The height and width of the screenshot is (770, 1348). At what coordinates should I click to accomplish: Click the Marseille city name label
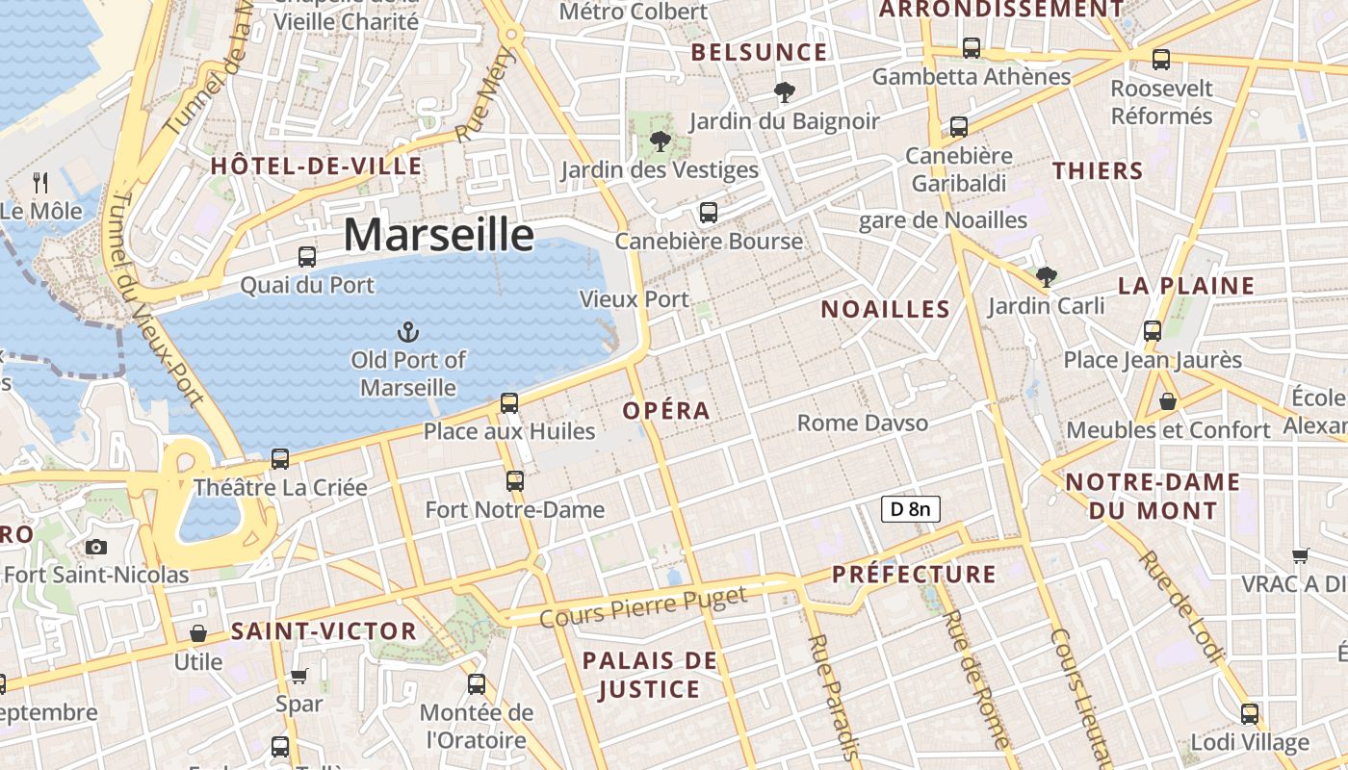pos(438,235)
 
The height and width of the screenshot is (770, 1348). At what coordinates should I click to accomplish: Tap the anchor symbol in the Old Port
pos(408,333)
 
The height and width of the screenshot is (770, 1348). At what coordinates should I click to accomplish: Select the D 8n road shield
pos(910,509)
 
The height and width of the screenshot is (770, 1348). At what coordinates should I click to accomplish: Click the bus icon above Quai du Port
pos(307,257)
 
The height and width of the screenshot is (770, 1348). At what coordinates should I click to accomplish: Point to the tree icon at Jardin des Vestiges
pos(660,142)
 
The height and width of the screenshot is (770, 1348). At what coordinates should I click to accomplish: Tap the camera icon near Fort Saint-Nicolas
pos(96,548)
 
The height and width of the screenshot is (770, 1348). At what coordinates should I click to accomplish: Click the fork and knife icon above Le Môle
pos(40,182)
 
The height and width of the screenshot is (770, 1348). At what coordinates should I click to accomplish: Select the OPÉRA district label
pos(666,411)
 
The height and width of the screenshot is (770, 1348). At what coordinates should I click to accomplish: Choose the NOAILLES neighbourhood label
pos(885,309)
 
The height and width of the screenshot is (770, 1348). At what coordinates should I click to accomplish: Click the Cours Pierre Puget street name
pos(643,607)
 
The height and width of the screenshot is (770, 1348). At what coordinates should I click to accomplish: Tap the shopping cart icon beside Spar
pos(299,676)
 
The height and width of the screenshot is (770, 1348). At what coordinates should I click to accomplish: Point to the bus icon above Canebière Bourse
pos(709,213)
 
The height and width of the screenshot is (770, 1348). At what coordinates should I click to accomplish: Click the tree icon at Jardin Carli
pos(1047,278)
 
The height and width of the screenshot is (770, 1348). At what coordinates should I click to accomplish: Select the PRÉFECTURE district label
pos(914,575)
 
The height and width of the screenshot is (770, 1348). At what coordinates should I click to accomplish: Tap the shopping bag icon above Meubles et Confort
pos(1168,401)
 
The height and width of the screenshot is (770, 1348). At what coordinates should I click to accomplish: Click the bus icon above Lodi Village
pos(1250,714)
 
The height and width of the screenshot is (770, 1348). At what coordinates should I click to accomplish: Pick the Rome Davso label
pos(863,423)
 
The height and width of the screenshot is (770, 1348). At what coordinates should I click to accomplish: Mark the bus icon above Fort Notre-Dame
pos(515,481)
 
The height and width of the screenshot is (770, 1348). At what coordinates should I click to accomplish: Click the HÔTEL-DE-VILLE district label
pos(316,167)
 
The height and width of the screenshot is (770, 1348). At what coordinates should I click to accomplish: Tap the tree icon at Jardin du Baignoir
pos(785,93)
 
